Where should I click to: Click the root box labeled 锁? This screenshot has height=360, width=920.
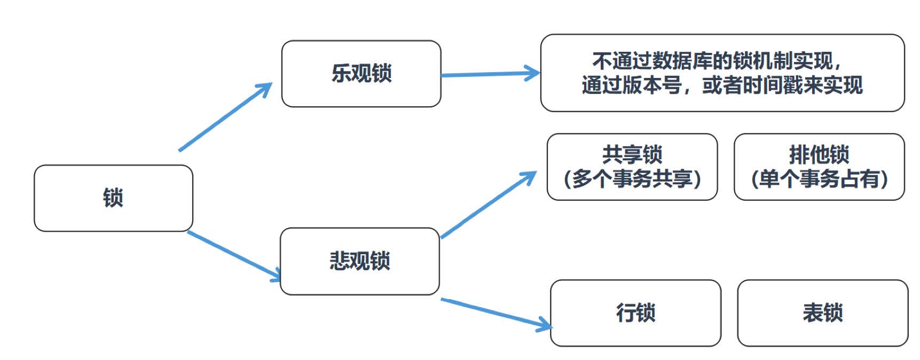click(113, 198)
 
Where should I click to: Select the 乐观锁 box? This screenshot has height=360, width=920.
click(361, 74)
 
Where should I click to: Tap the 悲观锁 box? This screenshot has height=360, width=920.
click(359, 261)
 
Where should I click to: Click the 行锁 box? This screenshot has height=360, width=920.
click(635, 313)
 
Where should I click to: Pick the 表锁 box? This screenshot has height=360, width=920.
click(822, 313)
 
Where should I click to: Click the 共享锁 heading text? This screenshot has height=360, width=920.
click(632, 155)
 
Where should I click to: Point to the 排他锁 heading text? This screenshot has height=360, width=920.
click(819, 155)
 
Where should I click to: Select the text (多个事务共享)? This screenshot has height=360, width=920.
click(632, 179)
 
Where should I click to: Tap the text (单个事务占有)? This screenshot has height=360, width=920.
click(819, 179)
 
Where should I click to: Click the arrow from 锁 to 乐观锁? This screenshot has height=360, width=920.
click(224, 118)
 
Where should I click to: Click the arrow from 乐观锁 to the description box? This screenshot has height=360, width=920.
click(489, 74)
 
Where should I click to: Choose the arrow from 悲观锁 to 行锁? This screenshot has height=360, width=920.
click(494, 312)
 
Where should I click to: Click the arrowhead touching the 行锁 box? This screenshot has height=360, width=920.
click(546, 324)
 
